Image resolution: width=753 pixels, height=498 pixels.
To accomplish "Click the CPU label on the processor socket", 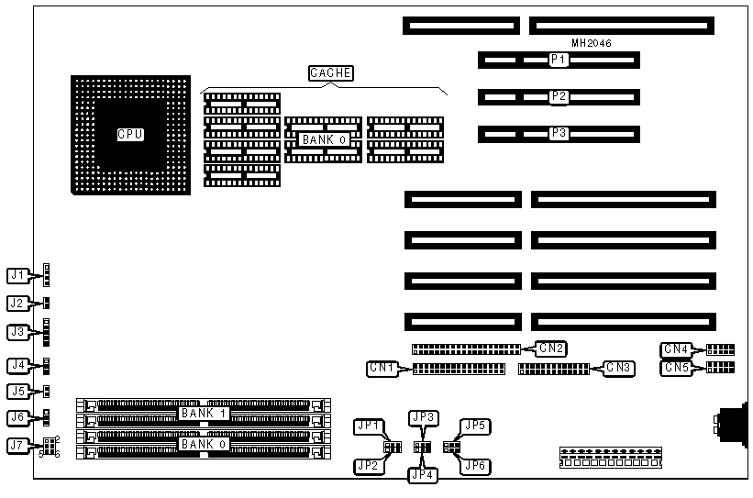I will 131,135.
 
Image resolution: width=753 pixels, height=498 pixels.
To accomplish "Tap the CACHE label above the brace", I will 330,73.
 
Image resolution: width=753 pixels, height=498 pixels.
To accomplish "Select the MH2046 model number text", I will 592,43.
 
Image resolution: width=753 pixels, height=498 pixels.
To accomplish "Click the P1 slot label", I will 559,61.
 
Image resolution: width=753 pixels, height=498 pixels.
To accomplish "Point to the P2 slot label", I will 559,96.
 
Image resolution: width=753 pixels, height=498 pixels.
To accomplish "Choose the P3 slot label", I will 559,133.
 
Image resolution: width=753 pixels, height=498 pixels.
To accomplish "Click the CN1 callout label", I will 382,369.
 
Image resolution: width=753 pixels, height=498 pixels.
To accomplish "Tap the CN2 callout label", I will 552,348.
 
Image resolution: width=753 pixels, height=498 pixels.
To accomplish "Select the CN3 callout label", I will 620,369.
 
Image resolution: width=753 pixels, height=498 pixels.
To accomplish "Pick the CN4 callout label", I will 676,349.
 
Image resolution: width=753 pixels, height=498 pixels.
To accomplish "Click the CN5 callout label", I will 676,368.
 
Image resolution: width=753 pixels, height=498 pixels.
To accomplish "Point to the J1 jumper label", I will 17,274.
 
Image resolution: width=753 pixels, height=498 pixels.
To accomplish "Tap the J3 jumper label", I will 17,332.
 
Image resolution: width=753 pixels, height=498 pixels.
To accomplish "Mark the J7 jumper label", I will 17,447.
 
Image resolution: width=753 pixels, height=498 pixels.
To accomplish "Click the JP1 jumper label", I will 369,427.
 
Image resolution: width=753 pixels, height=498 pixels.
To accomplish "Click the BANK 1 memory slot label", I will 203,414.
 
